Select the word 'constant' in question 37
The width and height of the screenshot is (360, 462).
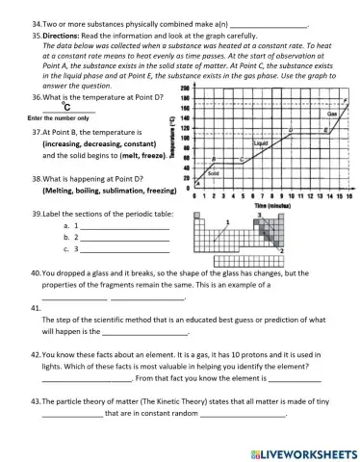tap(135, 142)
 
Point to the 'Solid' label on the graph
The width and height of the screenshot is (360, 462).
tap(214, 173)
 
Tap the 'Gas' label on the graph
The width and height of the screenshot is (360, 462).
tap(332, 113)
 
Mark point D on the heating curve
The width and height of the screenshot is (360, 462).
tap(292, 127)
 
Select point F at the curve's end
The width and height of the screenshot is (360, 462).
tap(345, 101)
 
